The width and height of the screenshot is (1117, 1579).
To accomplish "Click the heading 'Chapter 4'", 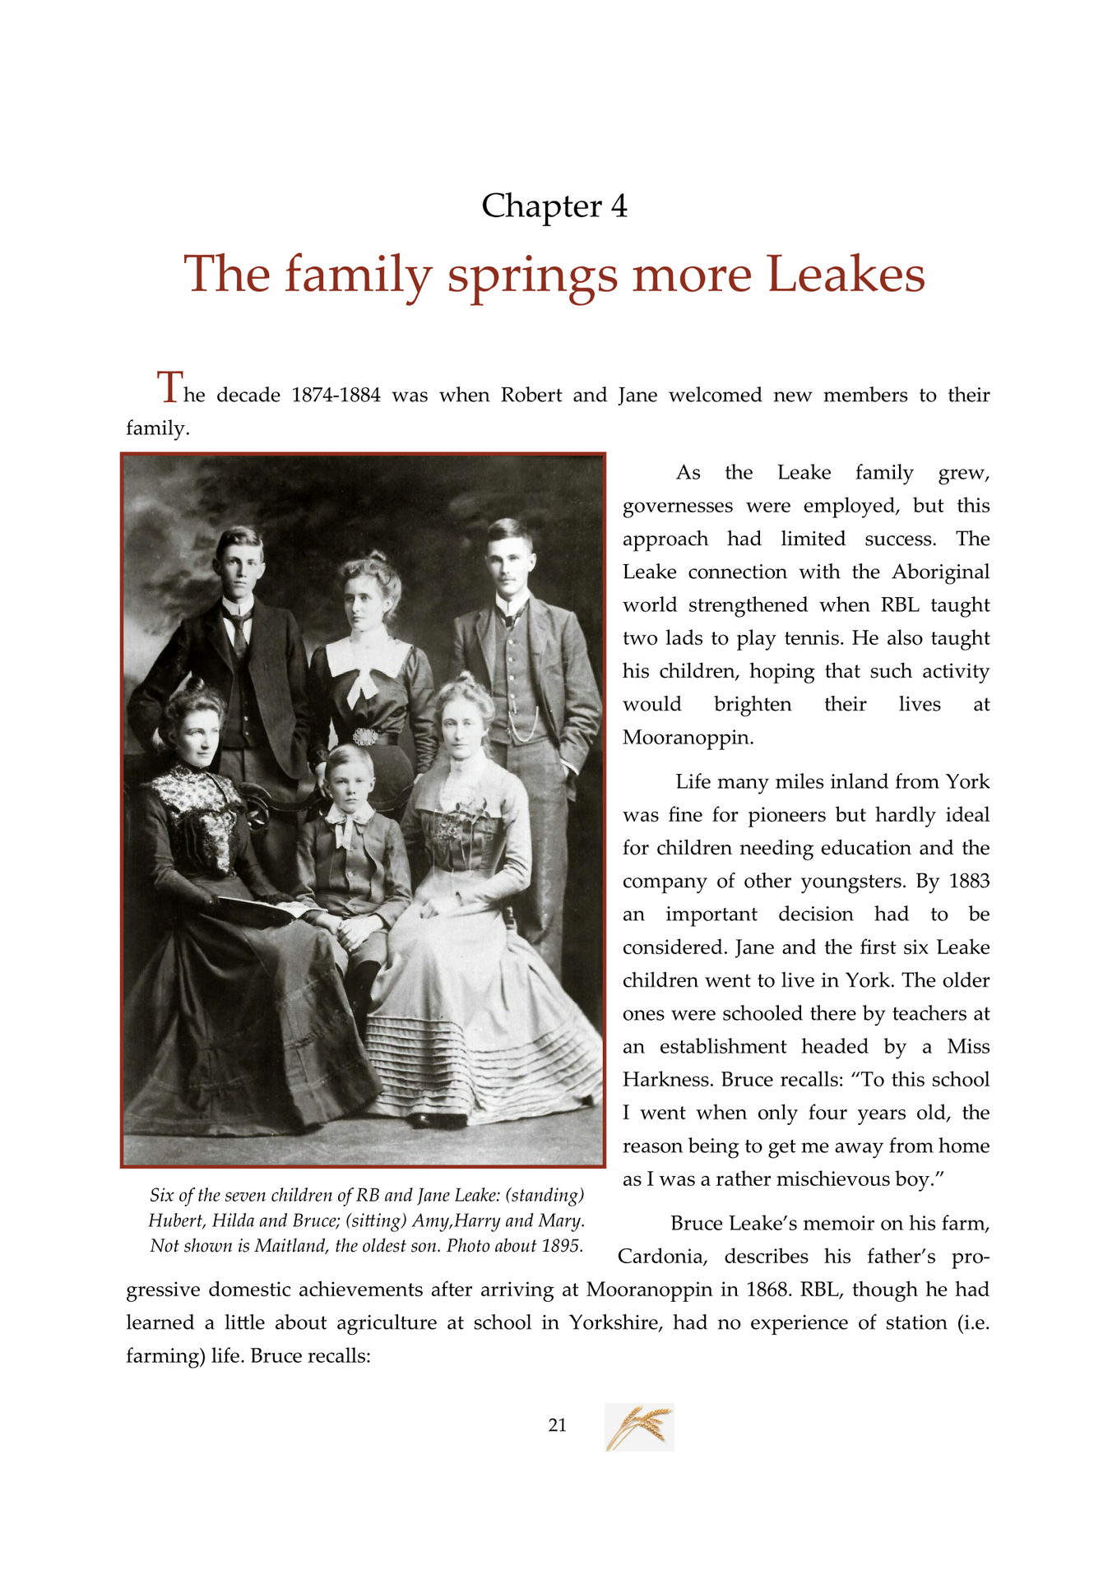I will click(554, 206).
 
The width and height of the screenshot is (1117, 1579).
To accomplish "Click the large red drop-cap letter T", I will click(169, 387).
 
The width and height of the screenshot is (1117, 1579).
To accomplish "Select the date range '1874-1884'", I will click(336, 396).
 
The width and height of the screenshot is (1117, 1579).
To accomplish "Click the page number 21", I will click(557, 1425).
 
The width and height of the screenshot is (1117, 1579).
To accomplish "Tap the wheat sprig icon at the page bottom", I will click(639, 1426).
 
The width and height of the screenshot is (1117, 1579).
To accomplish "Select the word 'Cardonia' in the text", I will click(664, 1257).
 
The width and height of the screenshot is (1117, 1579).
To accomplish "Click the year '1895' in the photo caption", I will click(562, 1246).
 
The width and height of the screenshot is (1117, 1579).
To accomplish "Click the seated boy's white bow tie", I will click(345, 821).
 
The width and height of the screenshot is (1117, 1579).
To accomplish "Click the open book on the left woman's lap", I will click(255, 909).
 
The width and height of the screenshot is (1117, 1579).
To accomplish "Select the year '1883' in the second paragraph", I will click(969, 882).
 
